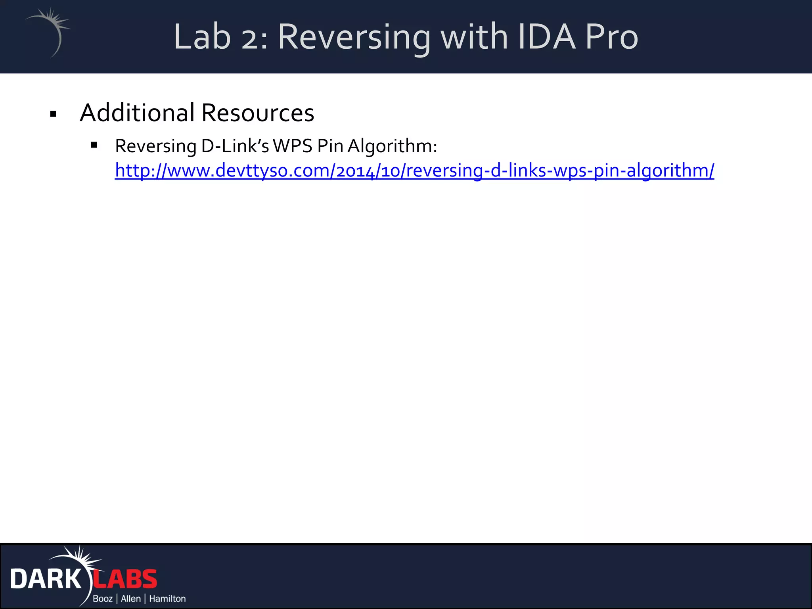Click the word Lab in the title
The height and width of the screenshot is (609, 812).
(x=202, y=37)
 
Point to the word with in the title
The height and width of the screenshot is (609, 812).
(x=474, y=37)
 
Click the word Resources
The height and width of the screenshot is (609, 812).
(x=258, y=113)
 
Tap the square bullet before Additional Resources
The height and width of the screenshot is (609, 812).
(x=54, y=115)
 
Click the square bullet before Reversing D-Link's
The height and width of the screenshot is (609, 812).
(x=94, y=145)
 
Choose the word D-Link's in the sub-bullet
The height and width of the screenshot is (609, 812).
(x=235, y=146)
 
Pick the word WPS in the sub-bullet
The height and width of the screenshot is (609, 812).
(x=293, y=146)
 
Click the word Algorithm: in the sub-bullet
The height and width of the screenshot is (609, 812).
(x=393, y=147)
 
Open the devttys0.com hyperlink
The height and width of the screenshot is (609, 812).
(x=414, y=170)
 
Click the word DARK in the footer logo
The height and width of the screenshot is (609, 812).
(x=46, y=579)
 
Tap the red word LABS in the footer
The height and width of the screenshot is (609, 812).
(x=125, y=579)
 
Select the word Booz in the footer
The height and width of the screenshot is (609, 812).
(x=103, y=599)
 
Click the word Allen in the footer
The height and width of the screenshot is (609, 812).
(x=131, y=599)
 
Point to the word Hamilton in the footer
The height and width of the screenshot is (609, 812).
(x=167, y=599)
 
